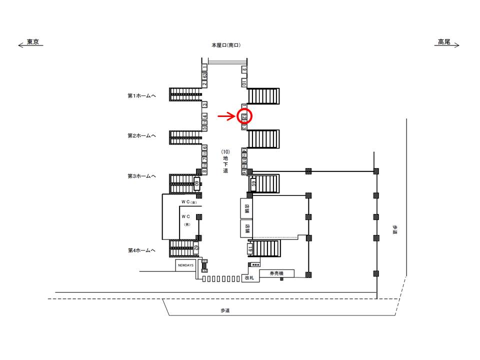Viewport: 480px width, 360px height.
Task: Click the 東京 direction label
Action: pos(33,42)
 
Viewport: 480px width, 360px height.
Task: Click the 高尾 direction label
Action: pos(443,42)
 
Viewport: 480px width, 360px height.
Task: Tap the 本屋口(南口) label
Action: pos(226,45)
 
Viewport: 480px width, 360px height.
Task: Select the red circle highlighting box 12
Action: pos(244,116)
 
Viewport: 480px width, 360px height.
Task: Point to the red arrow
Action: pos(226,116)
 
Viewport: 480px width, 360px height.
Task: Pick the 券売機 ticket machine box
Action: pos(276,273)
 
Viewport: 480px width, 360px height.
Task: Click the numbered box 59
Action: pos(253,183)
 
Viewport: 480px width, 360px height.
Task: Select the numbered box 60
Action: pos(196,183)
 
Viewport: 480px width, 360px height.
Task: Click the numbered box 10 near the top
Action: pos(244,82)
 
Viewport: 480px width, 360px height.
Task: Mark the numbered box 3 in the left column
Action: pos(204,104)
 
